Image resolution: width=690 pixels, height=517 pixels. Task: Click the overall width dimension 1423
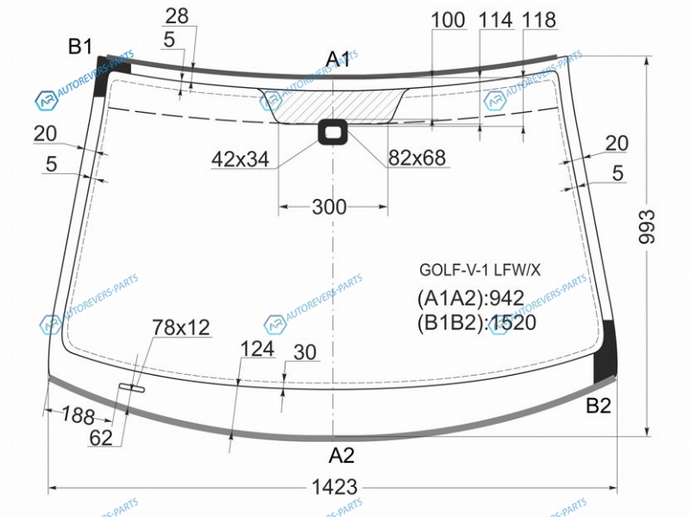334,487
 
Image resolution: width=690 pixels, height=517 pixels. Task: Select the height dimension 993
646,227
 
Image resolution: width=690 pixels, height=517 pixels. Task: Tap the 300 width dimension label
329,207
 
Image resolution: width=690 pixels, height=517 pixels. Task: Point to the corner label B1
80,47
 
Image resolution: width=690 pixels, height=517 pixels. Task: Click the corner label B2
599,405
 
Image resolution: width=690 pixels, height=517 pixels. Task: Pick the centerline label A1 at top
337,59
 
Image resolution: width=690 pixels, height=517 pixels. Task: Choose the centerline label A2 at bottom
341,455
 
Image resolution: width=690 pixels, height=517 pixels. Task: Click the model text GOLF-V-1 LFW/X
480,270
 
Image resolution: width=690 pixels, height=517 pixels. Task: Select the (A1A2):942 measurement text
470,298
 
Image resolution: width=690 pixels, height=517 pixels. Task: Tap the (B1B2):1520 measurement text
477,322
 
